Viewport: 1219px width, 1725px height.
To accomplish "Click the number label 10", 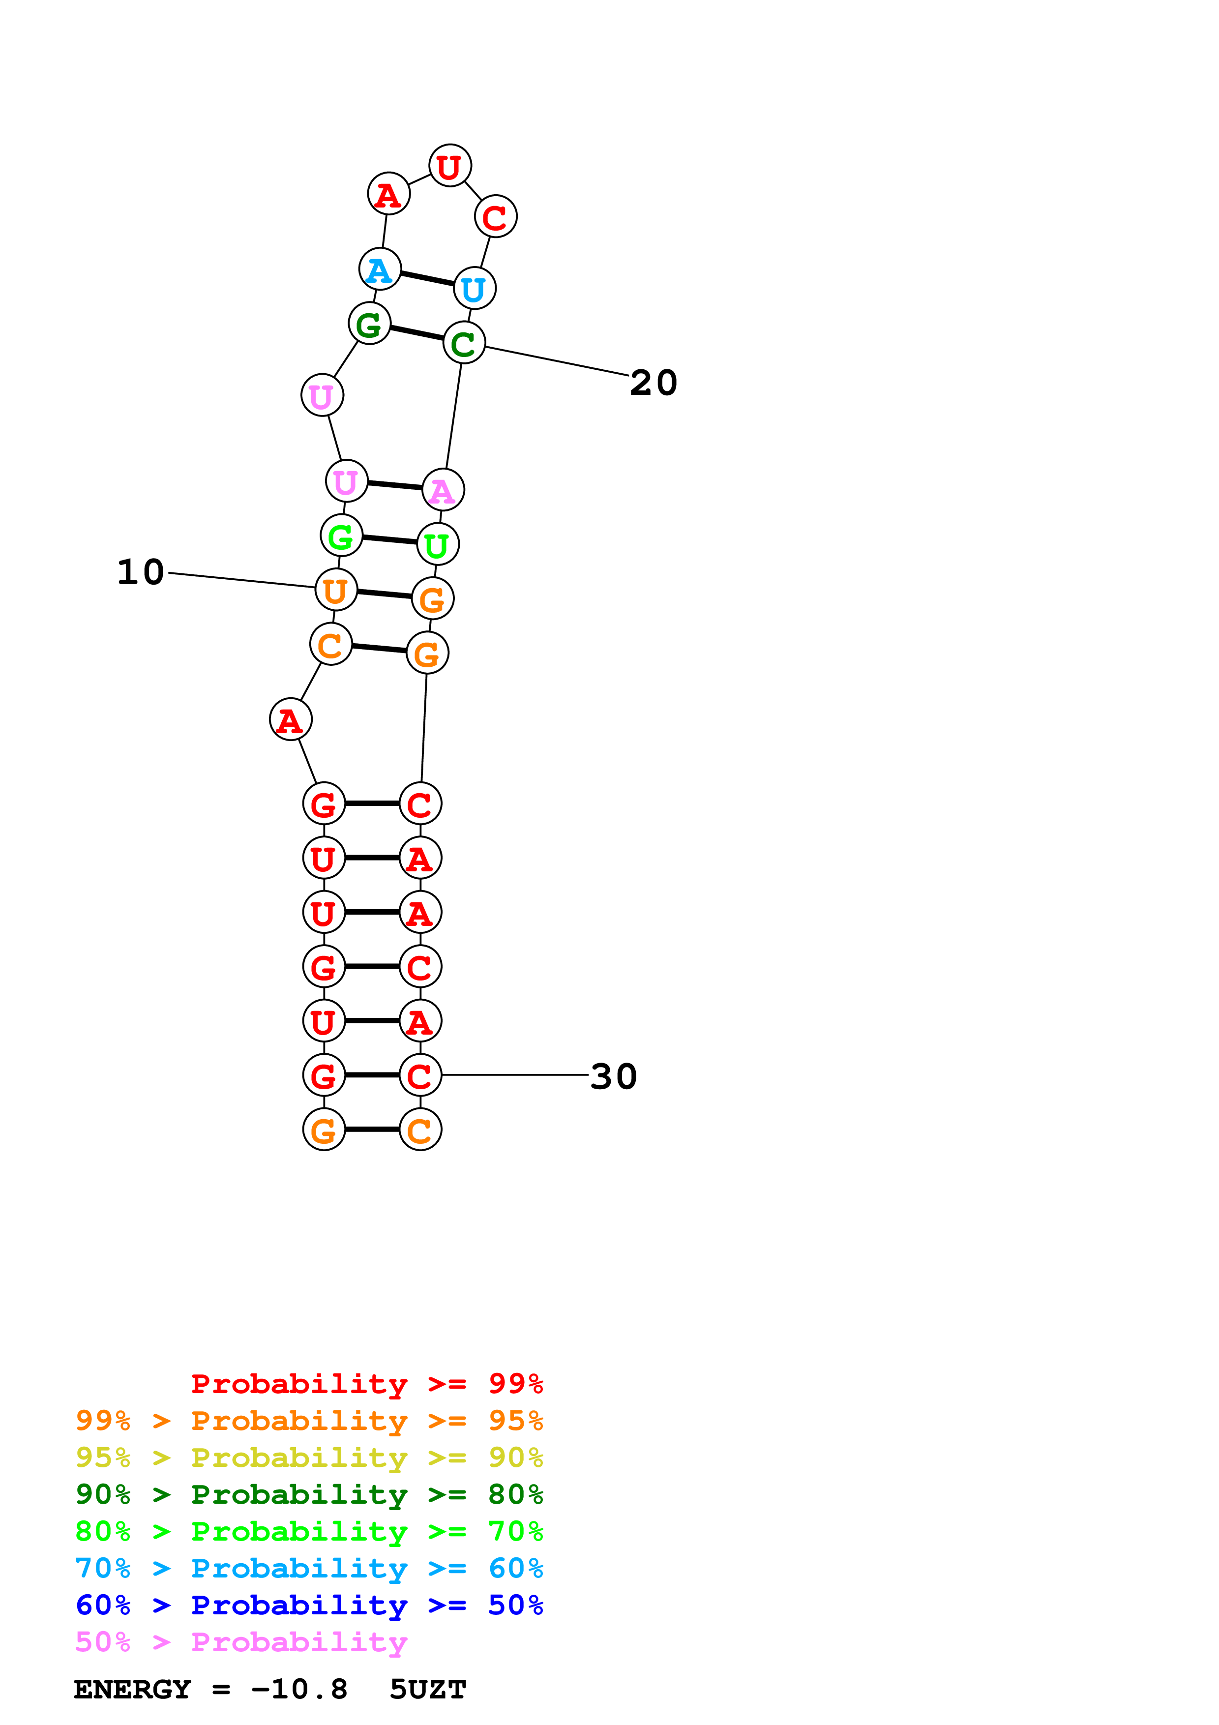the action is [x=141, y=572].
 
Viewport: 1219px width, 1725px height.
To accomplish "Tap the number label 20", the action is [x=654, y=383].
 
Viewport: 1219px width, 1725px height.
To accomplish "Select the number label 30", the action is [x=614, y=1076].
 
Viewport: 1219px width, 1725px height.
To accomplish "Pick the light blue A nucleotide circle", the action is [x=380, y=269].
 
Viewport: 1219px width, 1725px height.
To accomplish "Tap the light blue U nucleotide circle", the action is [x=475, y=289].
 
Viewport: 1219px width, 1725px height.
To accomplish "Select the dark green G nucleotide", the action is [x=369, y=324].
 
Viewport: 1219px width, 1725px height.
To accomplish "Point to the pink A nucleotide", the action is [x=443, y=490].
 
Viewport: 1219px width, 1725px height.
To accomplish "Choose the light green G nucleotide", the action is [x=341, y=535].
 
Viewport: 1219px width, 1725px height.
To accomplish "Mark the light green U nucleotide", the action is [x=438, y=544].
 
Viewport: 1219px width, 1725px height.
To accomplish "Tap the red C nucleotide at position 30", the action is [x=420, y=1075].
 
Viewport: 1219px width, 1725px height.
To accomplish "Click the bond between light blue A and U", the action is [x=427, y=279].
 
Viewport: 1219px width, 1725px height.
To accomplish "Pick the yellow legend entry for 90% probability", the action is [x=309, y=1457].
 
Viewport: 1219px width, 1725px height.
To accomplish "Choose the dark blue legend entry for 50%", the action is [x=309, y=1605].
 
